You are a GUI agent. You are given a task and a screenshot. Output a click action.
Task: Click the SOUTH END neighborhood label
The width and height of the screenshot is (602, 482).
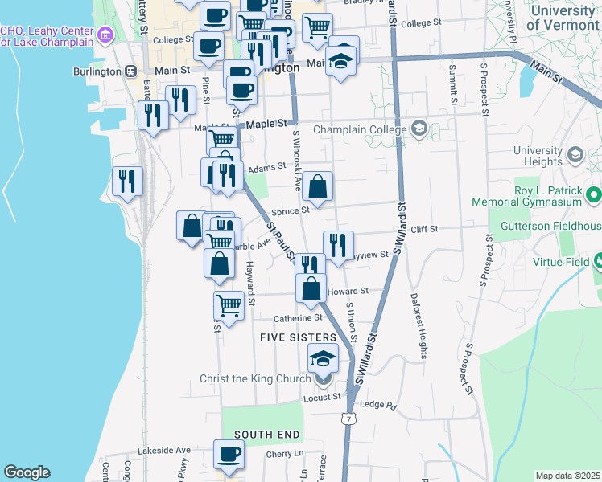point(267,435)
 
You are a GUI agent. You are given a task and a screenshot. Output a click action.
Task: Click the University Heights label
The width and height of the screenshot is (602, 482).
point(537,156)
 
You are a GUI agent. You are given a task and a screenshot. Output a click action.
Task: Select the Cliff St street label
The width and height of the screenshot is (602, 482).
point(423,229)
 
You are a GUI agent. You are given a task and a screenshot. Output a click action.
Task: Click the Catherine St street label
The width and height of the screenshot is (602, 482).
point(298,318)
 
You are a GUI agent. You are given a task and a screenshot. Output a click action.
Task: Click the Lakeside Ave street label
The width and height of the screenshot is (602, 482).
point(163,451)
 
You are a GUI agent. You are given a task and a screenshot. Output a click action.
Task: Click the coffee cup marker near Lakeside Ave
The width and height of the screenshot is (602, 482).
point(229,455)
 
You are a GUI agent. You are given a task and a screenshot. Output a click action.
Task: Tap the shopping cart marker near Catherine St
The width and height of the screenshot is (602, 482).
point(229,305)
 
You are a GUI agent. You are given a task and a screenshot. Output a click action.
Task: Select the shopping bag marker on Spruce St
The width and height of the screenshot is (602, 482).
point(319,186)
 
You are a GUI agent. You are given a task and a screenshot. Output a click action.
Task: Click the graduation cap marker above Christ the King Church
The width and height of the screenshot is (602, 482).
point(324,358)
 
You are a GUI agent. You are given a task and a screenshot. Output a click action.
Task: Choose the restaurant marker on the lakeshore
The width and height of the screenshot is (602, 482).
point(128,181)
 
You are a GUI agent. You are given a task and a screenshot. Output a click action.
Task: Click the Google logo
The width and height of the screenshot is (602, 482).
point(27,472)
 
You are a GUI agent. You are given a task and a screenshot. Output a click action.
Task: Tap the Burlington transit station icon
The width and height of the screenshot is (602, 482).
point(130,71)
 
